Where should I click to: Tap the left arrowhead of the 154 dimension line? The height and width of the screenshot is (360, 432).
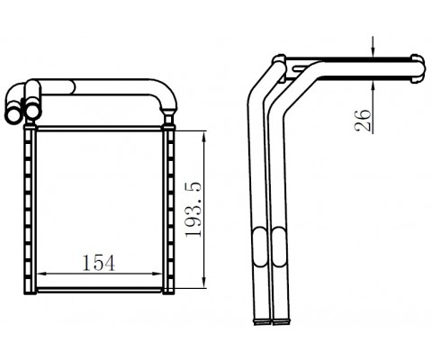click(x=39, y=273)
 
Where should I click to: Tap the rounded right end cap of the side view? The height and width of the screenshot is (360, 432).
click(x=418, y=68)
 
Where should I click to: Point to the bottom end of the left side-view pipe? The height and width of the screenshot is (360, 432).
click(x=259, y=319)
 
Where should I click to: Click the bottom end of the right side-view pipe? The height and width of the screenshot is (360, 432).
click(x=280, y=319)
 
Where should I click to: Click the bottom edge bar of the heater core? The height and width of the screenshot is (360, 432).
click(x=98, y=292)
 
